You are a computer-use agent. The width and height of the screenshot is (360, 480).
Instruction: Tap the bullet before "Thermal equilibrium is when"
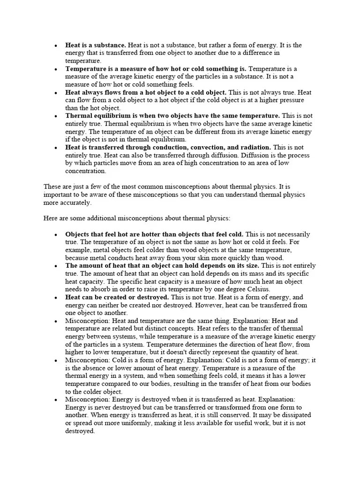[56, 116]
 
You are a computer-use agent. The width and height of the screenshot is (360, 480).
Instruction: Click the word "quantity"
[259, 352]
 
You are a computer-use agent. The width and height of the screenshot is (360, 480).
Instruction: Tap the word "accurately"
[76, 203]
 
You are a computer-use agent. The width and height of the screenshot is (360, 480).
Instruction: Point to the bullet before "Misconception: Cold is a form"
[56, 360]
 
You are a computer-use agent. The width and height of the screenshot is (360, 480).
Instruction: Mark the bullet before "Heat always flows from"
[56, 93]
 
